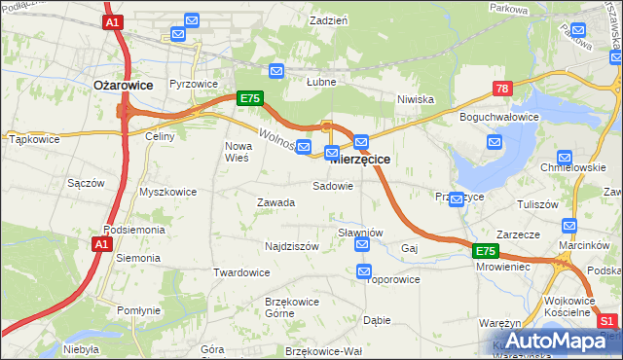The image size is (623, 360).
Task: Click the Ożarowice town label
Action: pyautogui.click(x=123, y=85)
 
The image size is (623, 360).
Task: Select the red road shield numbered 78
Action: pyautogui.click(x=501, y=89)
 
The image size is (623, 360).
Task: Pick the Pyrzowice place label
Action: pyautogui.click(x=193, y=85)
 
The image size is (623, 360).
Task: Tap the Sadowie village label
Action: pyautogui.click(x=332, y=185)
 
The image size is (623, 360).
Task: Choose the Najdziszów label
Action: pyautogui.click(x=292, y=246)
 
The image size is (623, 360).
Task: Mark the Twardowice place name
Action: pyautogui.click(x=241, y=273)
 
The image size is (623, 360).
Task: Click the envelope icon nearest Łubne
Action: pyautogui.click(x=276, y=70)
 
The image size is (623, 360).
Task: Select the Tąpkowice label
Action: pyautogui.click(x=34, y=139)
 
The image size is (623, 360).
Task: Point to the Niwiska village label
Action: pyautogui.click(x=415, y=99)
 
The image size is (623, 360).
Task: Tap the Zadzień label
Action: pyautogui.click(x=329, y=19)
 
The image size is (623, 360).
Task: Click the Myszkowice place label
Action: pyautogui.click(x=167, y=192)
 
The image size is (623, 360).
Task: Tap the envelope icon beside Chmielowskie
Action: pyautogui.click(x=565, y=157)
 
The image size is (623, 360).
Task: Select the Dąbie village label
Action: pyautogui.click(x=376, y=318)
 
